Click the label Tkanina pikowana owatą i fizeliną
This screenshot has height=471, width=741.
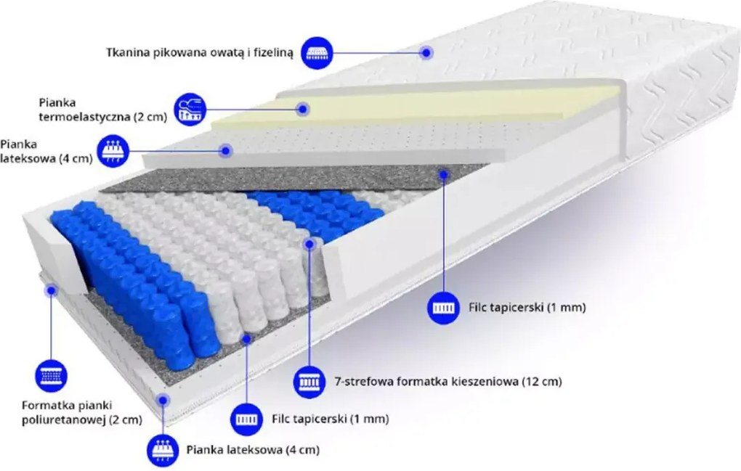pos(200,52)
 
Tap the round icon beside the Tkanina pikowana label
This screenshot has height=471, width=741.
pos(317,52)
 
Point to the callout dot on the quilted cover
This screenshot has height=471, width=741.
pos(426,53)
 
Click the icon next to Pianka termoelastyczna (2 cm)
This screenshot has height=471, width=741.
pos(190,109)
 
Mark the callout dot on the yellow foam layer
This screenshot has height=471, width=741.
pos(303,110)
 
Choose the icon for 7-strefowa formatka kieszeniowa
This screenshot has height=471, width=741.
pos(309,381)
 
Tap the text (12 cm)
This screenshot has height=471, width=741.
pos(541,381)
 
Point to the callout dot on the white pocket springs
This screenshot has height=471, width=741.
pos(309,245)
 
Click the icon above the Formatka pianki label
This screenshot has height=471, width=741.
pos(51,376)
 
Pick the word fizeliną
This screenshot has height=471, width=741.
pos(273,53)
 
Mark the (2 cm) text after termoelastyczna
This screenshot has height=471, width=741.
pos(150,117)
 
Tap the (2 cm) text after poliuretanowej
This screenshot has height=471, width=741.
pos(125,419)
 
